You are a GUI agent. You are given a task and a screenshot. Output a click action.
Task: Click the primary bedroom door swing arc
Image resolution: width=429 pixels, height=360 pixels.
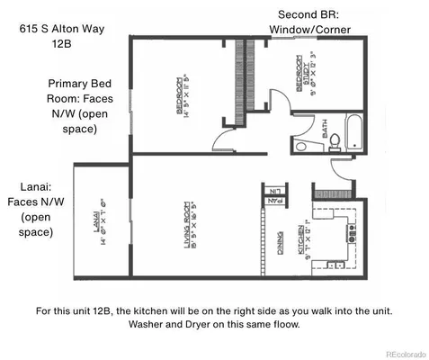(x=219, y=139)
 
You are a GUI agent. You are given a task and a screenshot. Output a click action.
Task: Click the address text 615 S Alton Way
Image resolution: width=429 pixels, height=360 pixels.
(x=62, y=30)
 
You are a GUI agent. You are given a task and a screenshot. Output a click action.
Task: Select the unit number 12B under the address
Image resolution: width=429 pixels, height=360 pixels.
(x=62, y=46)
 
